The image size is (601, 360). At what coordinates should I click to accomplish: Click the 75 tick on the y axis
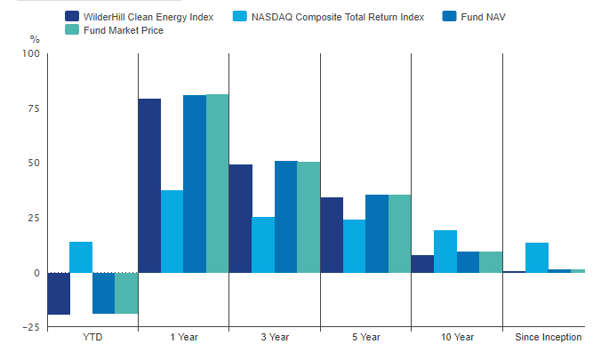34,108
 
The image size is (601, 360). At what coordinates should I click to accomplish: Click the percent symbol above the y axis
35,39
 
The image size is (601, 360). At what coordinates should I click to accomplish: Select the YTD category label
92,338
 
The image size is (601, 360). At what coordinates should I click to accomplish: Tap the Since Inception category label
549,338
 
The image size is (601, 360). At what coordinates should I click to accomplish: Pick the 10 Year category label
457,338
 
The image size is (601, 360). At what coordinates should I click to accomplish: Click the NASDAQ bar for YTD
81,257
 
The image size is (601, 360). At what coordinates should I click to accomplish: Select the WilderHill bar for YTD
59,293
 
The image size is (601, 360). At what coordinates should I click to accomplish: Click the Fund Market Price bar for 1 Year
218,183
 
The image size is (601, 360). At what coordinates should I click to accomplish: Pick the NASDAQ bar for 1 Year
172,231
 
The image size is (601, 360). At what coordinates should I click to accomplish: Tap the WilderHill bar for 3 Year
241,219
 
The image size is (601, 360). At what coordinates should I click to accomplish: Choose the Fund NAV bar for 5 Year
376,234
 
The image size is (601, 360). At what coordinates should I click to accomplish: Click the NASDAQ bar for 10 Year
445,252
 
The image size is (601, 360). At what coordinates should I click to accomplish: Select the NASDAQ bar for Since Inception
537,258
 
